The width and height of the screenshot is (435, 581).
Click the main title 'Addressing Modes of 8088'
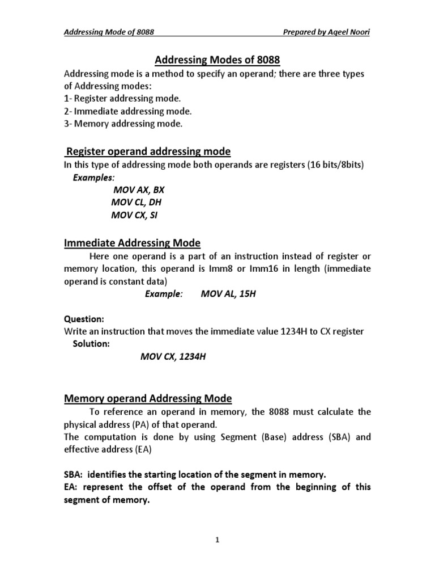coord(218,60)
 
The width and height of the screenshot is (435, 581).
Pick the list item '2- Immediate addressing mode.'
coord(120,111)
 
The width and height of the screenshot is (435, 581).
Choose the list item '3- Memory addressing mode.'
coord(116,123)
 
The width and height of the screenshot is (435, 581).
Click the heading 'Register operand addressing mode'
coord(148,151)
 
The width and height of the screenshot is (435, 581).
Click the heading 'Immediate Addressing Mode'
coord(131,243)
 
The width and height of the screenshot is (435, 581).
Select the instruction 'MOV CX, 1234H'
coord(169,357)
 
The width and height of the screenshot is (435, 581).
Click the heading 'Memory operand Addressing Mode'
coord(147,399)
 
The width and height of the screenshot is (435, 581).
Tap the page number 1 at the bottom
coord(217,540)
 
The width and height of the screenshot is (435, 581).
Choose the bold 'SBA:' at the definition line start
coord(74,474)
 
